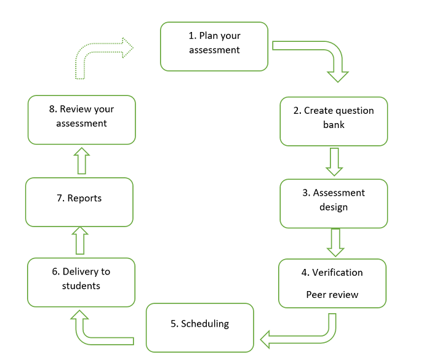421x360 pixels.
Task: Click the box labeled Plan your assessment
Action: tap(214, 46)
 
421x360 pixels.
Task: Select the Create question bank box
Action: tap(334, 121)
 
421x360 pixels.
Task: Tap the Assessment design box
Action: tap(334, 204)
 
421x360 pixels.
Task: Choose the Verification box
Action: tap(332, 283)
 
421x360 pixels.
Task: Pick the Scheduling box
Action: tap(200, 327)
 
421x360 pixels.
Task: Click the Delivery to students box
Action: tap(81, 282)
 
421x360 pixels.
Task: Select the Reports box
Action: tap(79, 202)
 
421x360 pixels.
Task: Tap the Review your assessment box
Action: tap(81, 119)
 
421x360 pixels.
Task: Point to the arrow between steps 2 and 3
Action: tap(334, 162)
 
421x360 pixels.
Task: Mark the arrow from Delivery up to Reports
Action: tap(80, 241)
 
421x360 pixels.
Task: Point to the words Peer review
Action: tap(332, 295)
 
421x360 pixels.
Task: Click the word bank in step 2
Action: tap(334, 124)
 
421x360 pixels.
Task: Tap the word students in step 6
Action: tap(81, 286)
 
